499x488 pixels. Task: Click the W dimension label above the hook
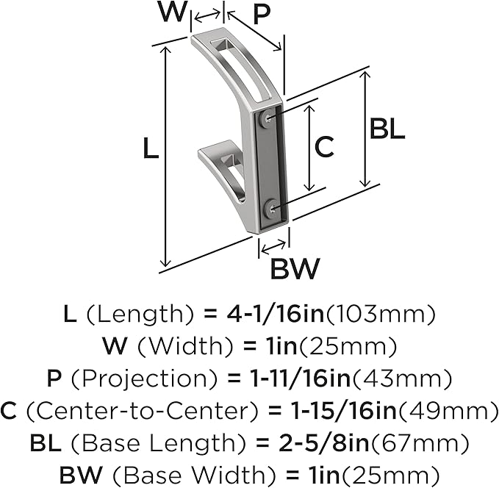[x=172, y=12]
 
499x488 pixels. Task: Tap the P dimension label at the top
[x=262, y=15]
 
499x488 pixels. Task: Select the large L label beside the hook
[x=151, y=148]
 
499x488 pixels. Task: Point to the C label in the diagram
[x=324, y=147]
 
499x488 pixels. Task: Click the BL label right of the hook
[x=387, y=128]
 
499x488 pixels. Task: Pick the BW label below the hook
[x=294, y=268]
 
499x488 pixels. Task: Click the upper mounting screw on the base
[x=268, y=120]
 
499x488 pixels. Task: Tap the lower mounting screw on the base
[x=272, y=209]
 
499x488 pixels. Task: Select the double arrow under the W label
[x=207, y=17]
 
